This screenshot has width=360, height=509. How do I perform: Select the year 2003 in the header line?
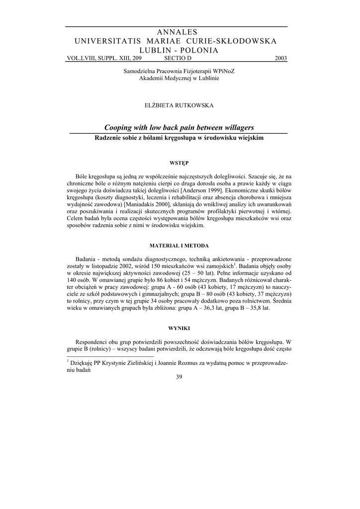(x=280, y=58)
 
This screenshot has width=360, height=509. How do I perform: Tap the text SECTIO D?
(x=178, y=58)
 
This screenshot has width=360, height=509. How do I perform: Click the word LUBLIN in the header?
(x=157, y=50)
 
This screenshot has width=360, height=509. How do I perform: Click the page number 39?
(x=180, y=376)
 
